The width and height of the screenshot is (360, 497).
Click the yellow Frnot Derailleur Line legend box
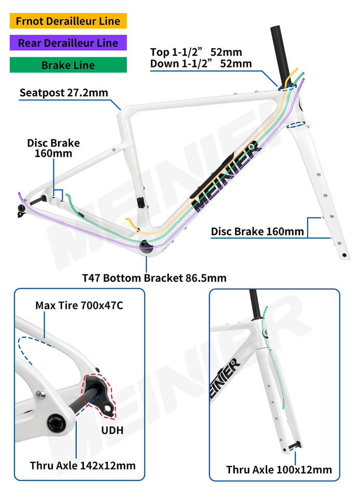click(x=68, y=21)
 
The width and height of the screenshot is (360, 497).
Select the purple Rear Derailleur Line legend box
click(x=68, y=43)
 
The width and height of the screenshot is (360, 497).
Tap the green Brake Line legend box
click(x=68, y=65)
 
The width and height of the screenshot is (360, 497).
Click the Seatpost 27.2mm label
click(x=64, y=93)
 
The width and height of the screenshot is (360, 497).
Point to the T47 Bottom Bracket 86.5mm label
click(x=154, y=278)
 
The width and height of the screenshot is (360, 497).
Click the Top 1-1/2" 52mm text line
click(x=196, y=52)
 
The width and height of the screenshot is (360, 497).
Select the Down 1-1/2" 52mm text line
click(x=201, y=64)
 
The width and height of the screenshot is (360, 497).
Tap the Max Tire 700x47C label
click(x=79, y=305)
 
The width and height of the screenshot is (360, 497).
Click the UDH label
click(x=113, y=430)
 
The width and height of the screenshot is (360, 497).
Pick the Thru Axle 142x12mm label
click(x=82, y=465)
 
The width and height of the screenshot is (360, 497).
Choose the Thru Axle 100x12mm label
click(x=279, y=470)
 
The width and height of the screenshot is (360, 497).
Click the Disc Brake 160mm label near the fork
click(x=257, y=231)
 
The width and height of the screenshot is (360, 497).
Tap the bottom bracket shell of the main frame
click(x=147, y=247)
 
